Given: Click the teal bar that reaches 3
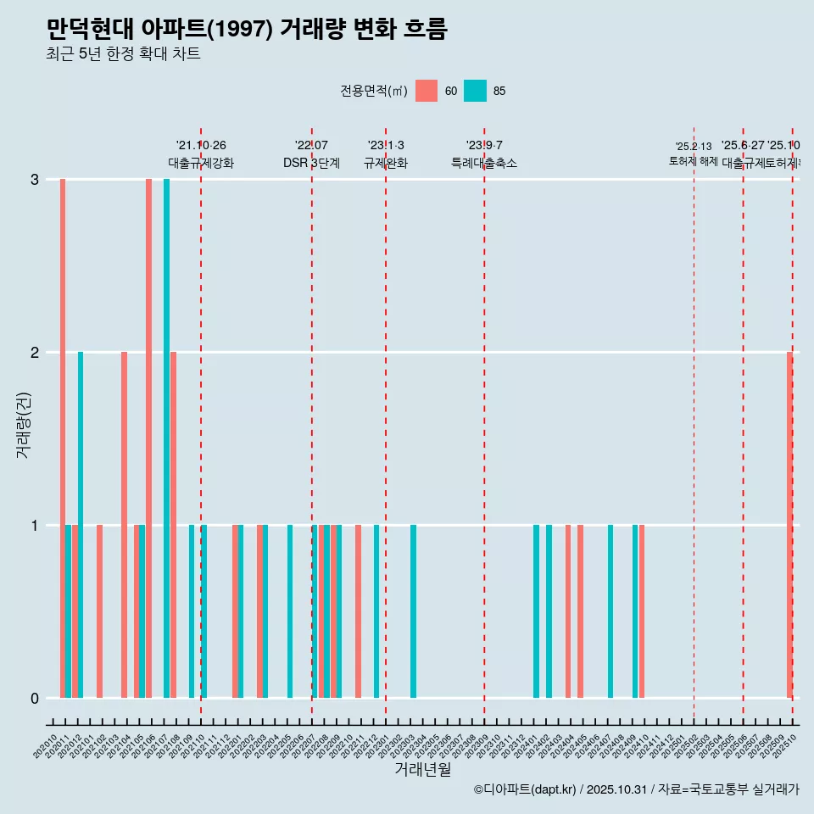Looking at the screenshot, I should [x=167, y=438].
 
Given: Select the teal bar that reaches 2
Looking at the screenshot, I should [x=81, y=525].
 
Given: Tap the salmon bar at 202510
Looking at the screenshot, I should [x=789, y=525].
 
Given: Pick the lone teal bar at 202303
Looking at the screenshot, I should [x=413, y=611].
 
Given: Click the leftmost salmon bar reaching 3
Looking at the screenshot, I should [x=63, y=438].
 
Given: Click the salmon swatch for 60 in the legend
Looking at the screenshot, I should [x=427, y=91].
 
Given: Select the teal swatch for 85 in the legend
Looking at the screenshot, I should [x=476, y=91].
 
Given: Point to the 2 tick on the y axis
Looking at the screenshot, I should [x=35, y=352].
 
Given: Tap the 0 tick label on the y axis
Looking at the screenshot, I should [x=35, y=698].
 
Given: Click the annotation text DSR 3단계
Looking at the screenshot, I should [x=311, y=163].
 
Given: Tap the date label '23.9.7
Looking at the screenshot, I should [x=484, y=146].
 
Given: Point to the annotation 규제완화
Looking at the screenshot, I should [x=386, y=163].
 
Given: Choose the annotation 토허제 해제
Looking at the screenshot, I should [x=694, y=161].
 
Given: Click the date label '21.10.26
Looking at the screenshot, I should [x=201, y=146].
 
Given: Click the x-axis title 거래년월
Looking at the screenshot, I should [x=422, y=770].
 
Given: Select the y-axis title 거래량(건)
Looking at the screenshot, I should [x=23, y=424].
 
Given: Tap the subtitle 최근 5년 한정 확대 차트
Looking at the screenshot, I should [x=123, y=54].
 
